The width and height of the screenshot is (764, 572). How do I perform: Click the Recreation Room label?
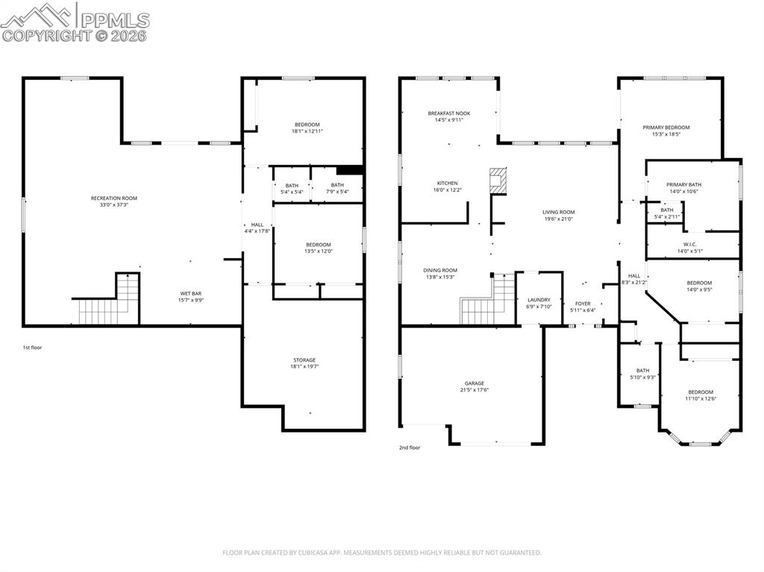pos(114,198)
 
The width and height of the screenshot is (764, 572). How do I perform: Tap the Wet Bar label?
pos(190,294)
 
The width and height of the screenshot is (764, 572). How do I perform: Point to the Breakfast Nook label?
pos(449,113)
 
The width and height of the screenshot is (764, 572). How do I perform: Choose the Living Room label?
pos(558,213)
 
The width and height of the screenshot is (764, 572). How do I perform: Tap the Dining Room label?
pos(439,271)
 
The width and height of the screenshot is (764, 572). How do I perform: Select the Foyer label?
pos(583,304)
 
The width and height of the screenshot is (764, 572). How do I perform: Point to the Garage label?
pos(475,383)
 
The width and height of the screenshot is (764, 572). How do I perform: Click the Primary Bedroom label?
pos(666,128)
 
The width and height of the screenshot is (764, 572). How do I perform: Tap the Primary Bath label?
pos(683,185)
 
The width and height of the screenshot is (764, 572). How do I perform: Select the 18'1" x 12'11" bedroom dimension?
pos(307,131)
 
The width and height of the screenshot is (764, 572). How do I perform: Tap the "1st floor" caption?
pos(31,348)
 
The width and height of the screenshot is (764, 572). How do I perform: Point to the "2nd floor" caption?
pos(410,447)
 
